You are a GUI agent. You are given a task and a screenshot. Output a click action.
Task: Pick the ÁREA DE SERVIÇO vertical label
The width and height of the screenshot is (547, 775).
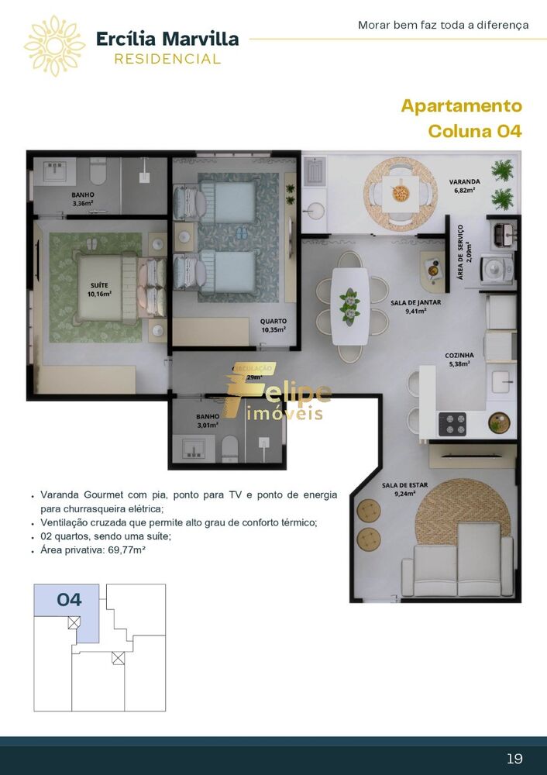461,252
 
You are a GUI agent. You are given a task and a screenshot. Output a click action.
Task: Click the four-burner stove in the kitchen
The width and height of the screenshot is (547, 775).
452,423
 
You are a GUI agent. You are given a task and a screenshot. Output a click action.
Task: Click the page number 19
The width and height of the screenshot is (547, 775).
514,757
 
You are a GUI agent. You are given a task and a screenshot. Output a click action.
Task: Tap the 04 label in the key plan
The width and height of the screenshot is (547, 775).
69,599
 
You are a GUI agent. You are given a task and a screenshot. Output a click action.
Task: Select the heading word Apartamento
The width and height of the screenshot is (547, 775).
461,106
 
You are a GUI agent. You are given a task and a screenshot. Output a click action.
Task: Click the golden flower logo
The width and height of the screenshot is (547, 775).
54,46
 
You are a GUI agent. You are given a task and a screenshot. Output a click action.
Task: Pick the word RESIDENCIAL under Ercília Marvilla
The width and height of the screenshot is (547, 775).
167,59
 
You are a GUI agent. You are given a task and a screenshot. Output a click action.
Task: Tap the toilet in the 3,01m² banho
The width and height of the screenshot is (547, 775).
229,448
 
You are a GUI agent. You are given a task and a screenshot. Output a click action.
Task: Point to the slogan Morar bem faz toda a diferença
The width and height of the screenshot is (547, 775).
443,25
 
